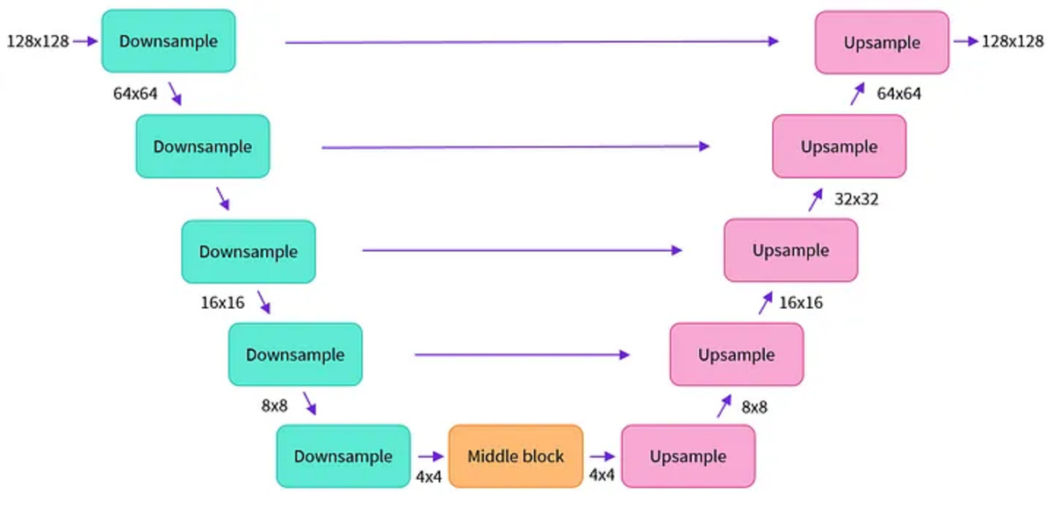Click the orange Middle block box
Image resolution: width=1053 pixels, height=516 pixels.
coord(516,456)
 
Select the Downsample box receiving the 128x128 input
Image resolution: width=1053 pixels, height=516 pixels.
coord(169,41)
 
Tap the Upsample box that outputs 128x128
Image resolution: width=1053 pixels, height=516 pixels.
coord(882,42)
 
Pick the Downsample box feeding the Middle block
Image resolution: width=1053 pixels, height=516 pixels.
coord(343,456)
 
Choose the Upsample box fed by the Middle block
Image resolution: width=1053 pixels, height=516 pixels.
coord(689,456)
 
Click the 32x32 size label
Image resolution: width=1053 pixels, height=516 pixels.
coord(856,199)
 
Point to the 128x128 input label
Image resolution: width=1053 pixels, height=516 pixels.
coord(39,41)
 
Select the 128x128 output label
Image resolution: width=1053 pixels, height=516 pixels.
coord(1013,41)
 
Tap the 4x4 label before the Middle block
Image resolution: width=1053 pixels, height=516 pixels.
coord(429,477)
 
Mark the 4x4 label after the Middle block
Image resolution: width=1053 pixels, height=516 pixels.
coord(602,475)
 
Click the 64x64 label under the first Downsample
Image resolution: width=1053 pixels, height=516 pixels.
coord(135,93)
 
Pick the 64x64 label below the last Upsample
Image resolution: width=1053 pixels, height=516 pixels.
coord(899,93)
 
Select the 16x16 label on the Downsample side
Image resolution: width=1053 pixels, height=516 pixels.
coord(222,303)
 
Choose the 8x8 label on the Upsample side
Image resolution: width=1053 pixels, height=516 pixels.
coord(754,407)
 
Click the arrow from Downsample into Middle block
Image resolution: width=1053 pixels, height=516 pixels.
coord(431,457)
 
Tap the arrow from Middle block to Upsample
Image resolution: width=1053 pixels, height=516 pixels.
coord(602,457)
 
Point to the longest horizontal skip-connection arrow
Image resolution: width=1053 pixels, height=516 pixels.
coord(532,42)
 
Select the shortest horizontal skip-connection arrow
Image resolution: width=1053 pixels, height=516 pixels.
coord(523,355)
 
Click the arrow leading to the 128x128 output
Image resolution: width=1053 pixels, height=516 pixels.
coord(966,41)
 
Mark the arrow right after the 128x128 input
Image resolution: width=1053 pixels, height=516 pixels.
coord(85,41)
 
